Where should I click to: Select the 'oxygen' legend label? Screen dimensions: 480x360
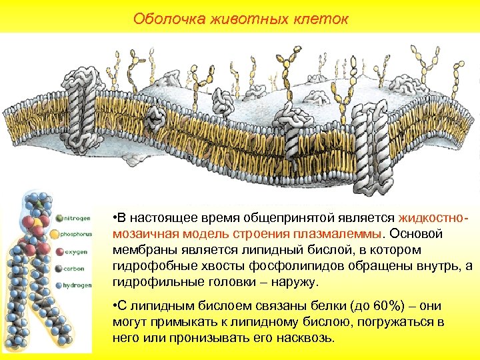[75, 252]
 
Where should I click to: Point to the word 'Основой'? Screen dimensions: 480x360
[418, 234]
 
